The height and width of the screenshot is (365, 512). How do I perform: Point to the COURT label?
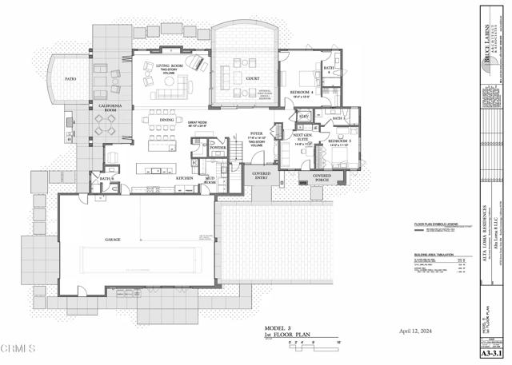pyautogui.click(x=252, y=78)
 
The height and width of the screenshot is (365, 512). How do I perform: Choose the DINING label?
pyautogui.click(x=166, y=120)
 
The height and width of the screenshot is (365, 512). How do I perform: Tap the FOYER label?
pyautogui.click(x=256, y=133)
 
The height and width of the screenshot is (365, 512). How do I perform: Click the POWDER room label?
pyautogui.click(x=217, y=148)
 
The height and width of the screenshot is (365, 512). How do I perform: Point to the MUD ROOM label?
pyautogui.click(x=210, y=180)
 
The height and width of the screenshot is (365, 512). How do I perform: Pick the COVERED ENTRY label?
pyautogui.click(x=261, y=175)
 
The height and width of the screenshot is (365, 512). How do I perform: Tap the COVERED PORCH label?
pyautogui.click(x=322, y=177)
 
